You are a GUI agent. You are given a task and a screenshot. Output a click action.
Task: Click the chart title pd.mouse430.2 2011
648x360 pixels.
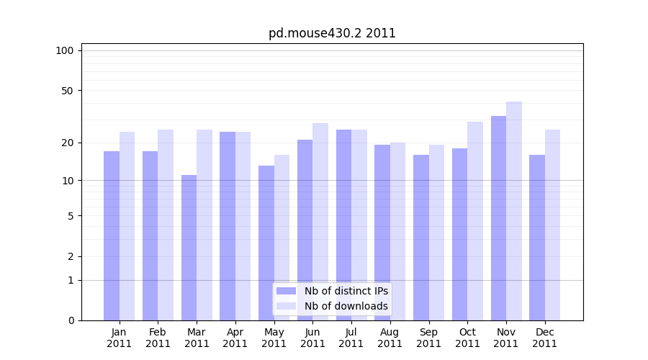click(332, 33)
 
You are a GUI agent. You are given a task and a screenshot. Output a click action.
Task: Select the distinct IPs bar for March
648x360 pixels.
click(189, 248)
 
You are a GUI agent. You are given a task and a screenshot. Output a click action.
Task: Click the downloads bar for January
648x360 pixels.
click(127, 226)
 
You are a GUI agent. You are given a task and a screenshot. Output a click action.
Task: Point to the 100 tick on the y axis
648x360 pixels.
click(65, 50)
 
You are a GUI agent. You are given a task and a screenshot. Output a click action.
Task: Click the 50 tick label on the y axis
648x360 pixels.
click(68, 91)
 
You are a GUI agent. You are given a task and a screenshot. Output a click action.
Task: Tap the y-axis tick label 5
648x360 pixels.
click(71, 216)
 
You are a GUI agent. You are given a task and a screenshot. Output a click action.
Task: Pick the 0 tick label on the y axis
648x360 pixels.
click(71, 320)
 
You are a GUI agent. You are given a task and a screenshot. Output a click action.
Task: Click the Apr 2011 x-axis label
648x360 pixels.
click(235, 338)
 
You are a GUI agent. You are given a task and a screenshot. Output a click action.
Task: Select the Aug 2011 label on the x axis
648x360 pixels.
click(390, 338)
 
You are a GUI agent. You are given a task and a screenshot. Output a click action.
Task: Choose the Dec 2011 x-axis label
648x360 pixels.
click(544, 338)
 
